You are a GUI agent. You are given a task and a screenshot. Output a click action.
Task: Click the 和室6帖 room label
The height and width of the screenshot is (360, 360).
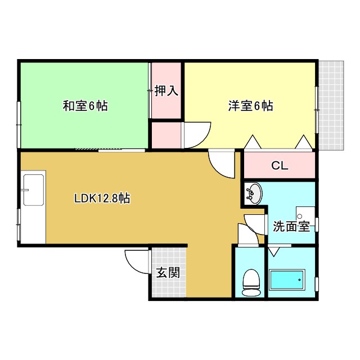coord(85,105)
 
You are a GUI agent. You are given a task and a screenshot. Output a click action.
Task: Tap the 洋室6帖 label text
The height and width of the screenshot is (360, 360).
coord(250,105)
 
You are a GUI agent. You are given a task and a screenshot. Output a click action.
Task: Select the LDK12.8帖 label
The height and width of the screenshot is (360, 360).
coord(102,199)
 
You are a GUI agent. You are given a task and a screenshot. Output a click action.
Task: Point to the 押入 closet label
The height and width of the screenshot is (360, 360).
coord(166,91)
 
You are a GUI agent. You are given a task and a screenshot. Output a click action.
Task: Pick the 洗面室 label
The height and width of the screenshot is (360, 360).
coord(291,227)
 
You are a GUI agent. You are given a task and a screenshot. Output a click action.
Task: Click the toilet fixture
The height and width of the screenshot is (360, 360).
coord(250,282)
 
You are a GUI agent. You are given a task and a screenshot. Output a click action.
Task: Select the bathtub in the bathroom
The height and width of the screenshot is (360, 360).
coord(287,279)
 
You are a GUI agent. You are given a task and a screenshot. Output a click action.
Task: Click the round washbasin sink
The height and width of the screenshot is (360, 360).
coord(254,193)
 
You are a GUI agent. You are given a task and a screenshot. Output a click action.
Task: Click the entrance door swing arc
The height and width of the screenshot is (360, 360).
coord(137,259)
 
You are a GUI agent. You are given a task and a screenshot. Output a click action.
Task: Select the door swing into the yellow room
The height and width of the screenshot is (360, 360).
coord(195,135)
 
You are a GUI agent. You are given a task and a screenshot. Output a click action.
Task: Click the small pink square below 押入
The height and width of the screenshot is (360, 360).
coord(166,136)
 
